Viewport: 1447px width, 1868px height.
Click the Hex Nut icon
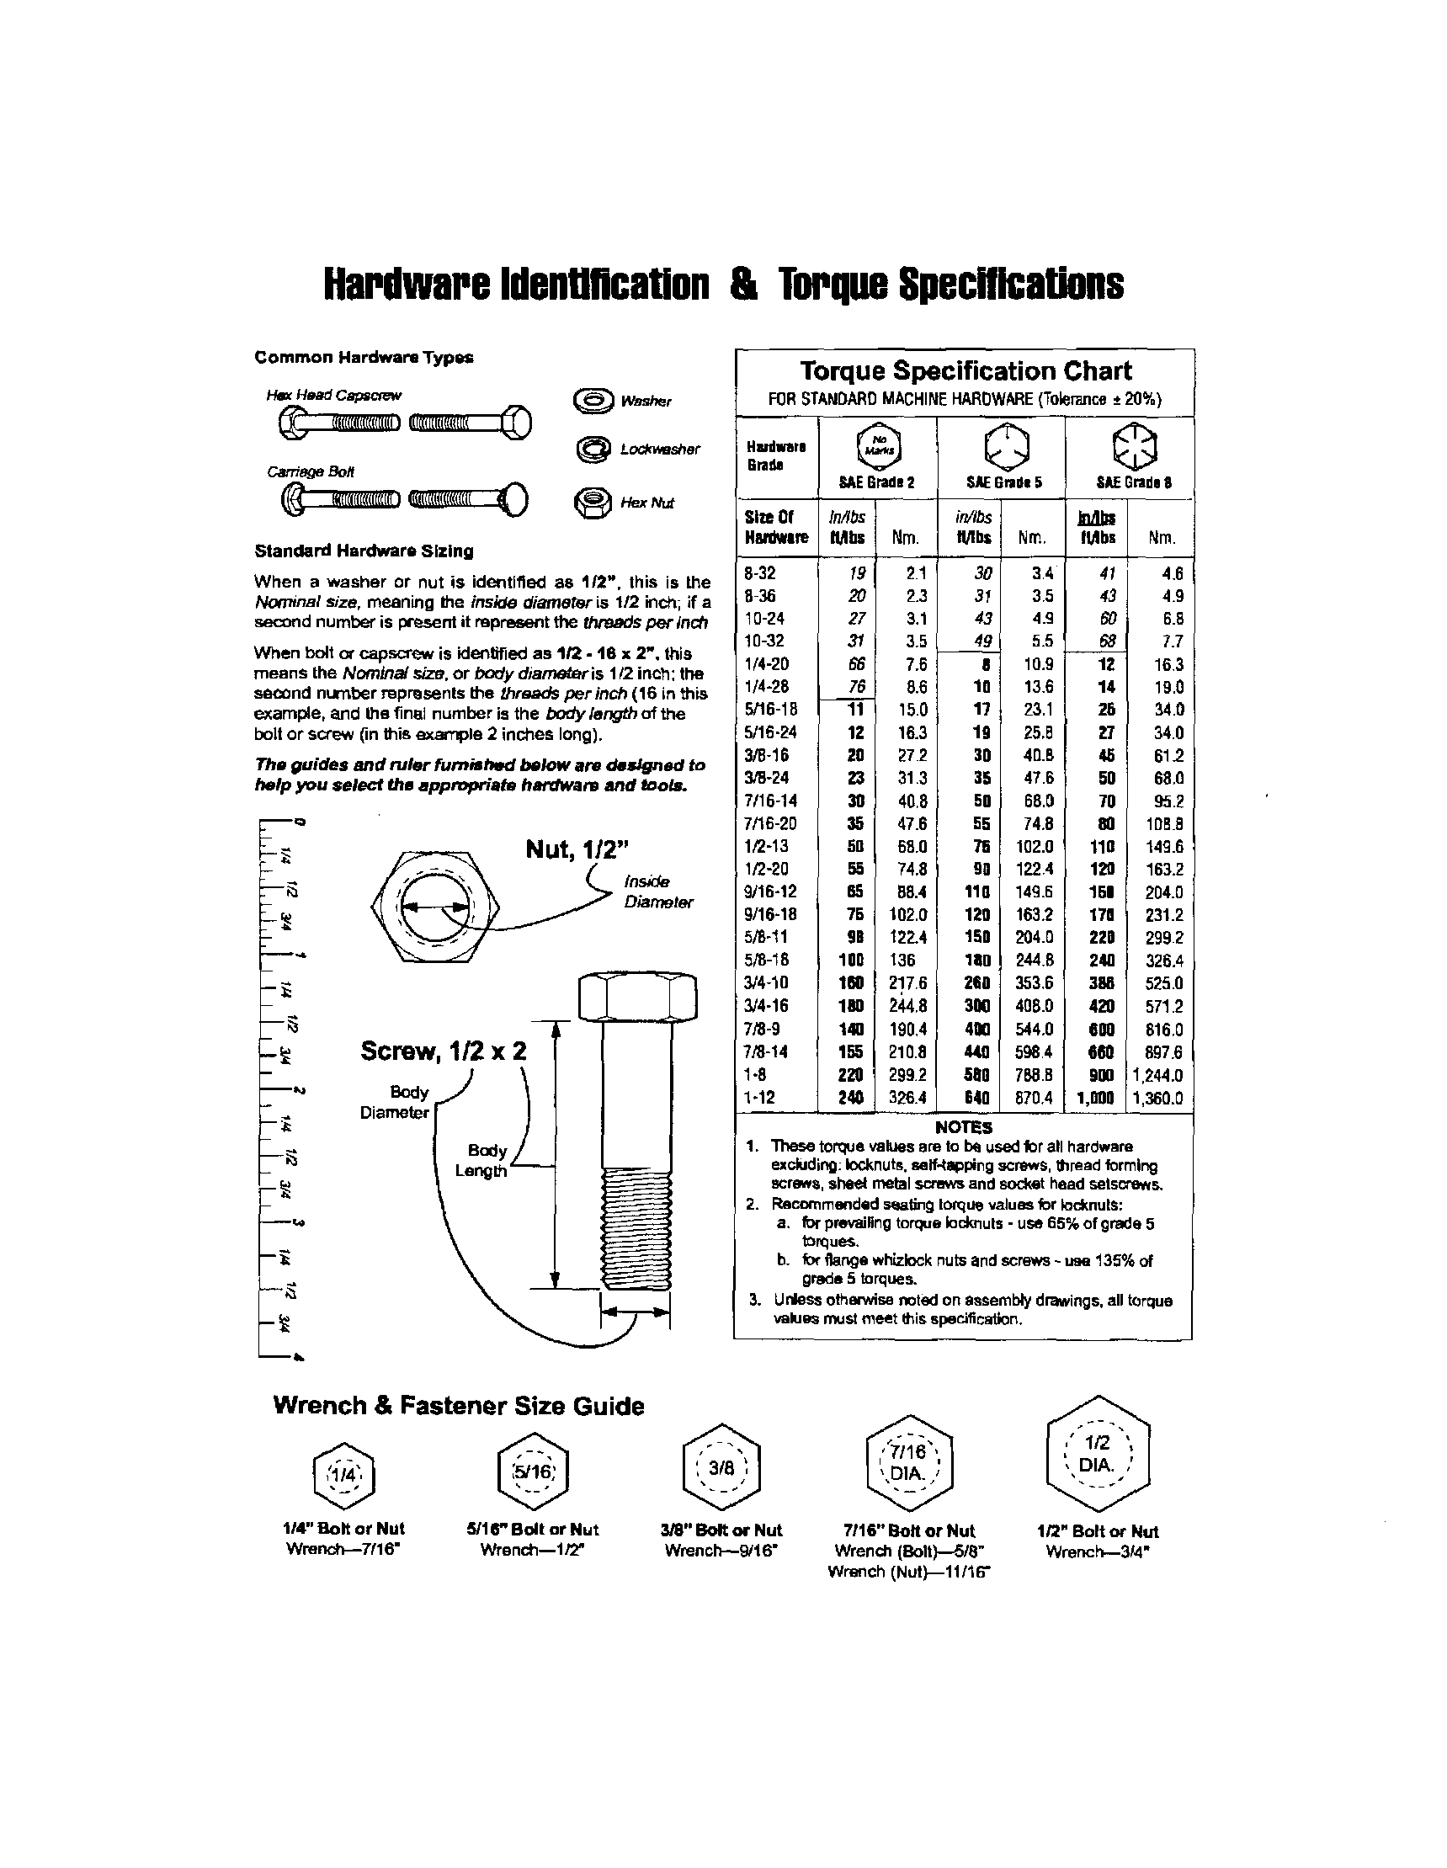pyautogui.click(x=593, y=502)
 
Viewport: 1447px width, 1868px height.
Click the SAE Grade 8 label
pyautogui.click(x=1133, y=482)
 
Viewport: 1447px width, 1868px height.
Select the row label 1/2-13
pyautogui.click(x=767, y=846)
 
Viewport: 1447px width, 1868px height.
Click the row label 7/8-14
pyautogui.click(x=767, y=1052)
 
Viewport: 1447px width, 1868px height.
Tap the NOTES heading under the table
pyautogui.click(x=963, y=1127)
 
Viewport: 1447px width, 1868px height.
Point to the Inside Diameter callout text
pyautogui.click(x=657, y=891)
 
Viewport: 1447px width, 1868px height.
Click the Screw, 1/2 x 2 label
pyautogui.click(x=443, y=1051)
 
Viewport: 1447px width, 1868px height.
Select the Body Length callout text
pyautogui.click(x=486, y=1161)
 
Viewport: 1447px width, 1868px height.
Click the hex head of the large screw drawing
pyautogui.click(x=637, y=997)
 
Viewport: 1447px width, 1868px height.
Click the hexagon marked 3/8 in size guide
pyautogui.click(x=721, y=1469)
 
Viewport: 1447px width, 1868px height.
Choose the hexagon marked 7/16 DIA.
pyautogui.click(x=907, y=1463)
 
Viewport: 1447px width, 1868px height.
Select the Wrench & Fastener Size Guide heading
pyautogui.click(x=459, y=1406)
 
